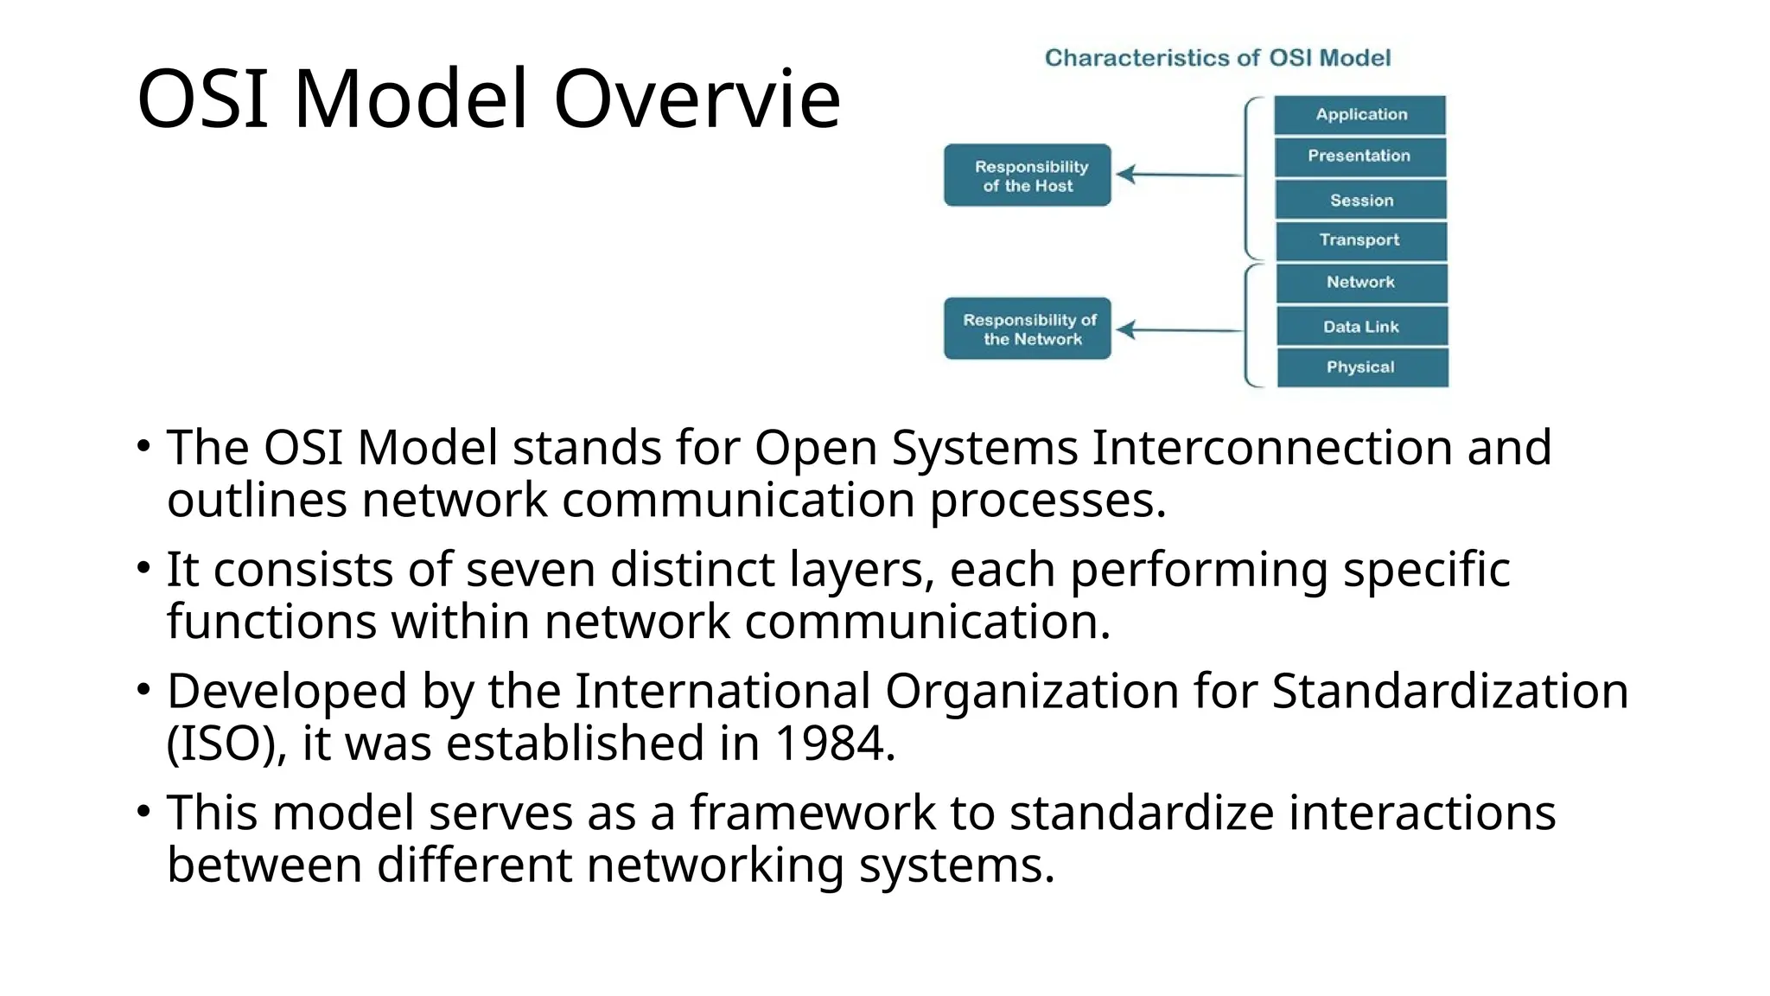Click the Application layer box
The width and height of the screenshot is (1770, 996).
click(1359, 115)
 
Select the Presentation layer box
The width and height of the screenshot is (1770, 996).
click(1359, 156)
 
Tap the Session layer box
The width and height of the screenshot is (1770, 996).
click(1360, 200)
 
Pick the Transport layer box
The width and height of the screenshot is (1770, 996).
click(1360, 240)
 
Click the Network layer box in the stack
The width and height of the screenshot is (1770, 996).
click(1361, 283)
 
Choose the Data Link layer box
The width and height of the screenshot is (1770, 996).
click(1361, 326)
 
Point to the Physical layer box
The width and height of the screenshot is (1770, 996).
click(1361, 367)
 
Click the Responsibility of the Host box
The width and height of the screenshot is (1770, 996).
click(1028, 176)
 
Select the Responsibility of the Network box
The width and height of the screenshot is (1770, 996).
click(1028, 329)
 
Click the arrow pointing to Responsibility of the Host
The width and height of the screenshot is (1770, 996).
click(1179, 175)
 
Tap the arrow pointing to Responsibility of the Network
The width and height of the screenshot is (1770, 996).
click(1179, 329)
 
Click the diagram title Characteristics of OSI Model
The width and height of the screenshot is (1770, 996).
click(1218, 58)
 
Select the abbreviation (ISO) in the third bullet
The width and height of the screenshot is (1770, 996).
click(226, 744)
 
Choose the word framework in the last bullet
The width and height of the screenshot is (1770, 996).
click(812, 813)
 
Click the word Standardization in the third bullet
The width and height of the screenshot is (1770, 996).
click(1449, 692)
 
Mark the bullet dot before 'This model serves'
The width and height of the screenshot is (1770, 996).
click(143, 811)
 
